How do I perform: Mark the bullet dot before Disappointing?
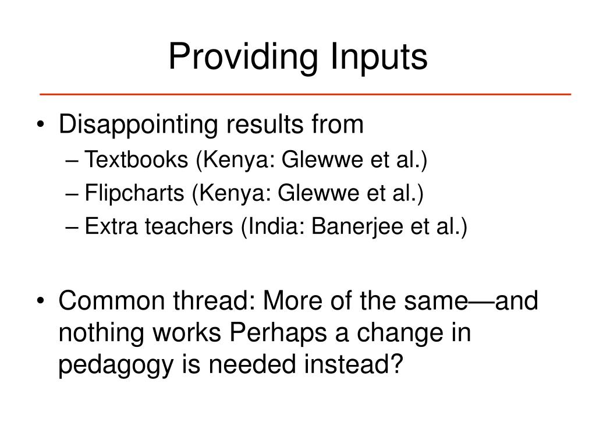tap(47, 125)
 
